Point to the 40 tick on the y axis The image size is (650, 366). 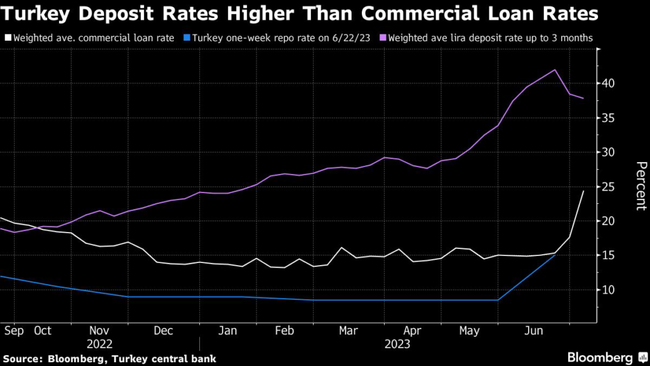click(609, 84)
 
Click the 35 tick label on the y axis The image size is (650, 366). click(609, 118)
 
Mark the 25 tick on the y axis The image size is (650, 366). click(609, 187)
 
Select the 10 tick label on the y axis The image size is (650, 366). click(609, 290)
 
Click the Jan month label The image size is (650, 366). click(227, 331)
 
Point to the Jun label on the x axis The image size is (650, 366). click(533, 331)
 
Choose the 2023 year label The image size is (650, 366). click(397, 344)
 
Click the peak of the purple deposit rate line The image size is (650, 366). click(555, 70)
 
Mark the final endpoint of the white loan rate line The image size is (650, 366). click(583, 191)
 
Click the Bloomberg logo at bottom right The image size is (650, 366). click(600, 357)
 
